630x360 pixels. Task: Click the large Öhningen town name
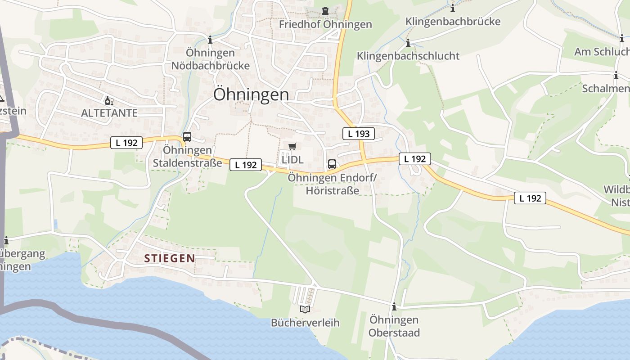pyautogui.click(x=251, y=94)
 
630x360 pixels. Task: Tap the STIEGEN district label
pyautogui.click(x=170, y=258)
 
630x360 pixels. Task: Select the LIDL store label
pyautogui.click(x=292, y=160)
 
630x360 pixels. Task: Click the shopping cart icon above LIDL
pyautogui.click(x=292, y=146)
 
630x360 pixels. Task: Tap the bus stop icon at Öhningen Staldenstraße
pyautogui.click(x=187, y=137)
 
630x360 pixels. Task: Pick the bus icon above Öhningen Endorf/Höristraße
pyautogui.click(x=332, y=164)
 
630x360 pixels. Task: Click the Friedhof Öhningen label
pyautogui.click(x=325, y=24)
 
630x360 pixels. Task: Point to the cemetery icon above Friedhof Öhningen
pyautogui.click(x=325, y=11)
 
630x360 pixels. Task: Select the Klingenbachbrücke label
pyautogui.click(x=453, y=22)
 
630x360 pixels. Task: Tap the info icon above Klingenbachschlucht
pyautogui.click(x=408, y=43)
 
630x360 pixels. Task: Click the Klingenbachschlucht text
pyautogui.click(x=408, y=56)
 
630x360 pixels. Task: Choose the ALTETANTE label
pyautogui.click(x=109, y=113)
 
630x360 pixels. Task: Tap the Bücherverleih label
pyautogui.click(x=305, y=323)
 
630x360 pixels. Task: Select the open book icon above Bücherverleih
pyautogui.click(x=305, y=309)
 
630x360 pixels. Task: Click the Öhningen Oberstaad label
pyautogui.click(x=394, y=326)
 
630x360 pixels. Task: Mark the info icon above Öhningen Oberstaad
pyautogui.click(x=394, y=307)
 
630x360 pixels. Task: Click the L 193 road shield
pyautogui.click(x=359, y=134)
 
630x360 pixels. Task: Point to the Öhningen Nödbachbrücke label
pyautogui.click(x=210, y=59)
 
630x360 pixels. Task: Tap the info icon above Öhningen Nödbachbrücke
pyautogui.click(x=210, y=40)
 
